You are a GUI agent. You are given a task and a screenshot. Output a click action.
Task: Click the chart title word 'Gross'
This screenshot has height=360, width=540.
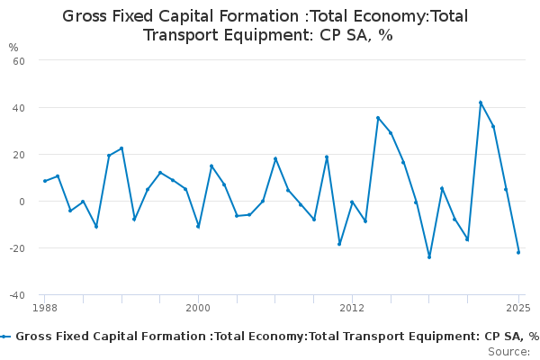(85, 16)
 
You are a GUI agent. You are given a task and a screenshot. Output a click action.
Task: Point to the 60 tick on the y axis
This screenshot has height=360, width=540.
(19, 61)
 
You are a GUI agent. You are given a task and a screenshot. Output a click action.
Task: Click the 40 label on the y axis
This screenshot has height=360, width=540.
(19, 108)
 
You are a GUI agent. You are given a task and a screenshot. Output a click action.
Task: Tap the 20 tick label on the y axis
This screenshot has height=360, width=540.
(19, 155)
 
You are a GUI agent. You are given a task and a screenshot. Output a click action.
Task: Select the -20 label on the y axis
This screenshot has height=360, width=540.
(17, 248)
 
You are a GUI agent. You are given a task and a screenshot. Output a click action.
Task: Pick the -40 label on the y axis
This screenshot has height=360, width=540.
(17, 295)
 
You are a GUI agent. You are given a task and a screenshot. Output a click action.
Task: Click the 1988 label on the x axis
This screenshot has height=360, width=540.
(45, 308)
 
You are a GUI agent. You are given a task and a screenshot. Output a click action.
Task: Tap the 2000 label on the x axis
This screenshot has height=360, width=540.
(198, 308)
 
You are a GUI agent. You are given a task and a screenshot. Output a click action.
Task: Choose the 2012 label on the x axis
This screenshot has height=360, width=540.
(352, 308)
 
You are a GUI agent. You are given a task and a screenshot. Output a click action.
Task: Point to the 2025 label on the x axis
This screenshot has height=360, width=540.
(518, 308)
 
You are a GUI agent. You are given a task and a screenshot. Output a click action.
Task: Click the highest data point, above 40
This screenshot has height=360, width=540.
(481, 103)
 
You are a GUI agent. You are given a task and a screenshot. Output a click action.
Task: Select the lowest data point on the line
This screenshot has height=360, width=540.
(429, 257)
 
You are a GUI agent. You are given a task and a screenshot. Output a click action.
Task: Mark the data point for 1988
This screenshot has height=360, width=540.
(45, 181)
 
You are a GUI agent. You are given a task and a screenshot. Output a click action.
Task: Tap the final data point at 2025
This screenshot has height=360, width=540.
(518, 253)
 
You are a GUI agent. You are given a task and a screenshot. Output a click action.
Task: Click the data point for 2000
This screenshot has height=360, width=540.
(198, 226)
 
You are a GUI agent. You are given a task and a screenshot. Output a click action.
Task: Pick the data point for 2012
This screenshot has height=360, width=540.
(352, 202)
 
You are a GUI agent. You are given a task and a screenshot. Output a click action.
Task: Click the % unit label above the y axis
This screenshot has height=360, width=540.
(13, 48)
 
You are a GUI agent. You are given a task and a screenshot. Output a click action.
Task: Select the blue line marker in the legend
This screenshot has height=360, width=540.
(5, 337)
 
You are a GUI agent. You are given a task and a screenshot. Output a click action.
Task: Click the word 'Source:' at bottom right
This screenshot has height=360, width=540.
(509, 352)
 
